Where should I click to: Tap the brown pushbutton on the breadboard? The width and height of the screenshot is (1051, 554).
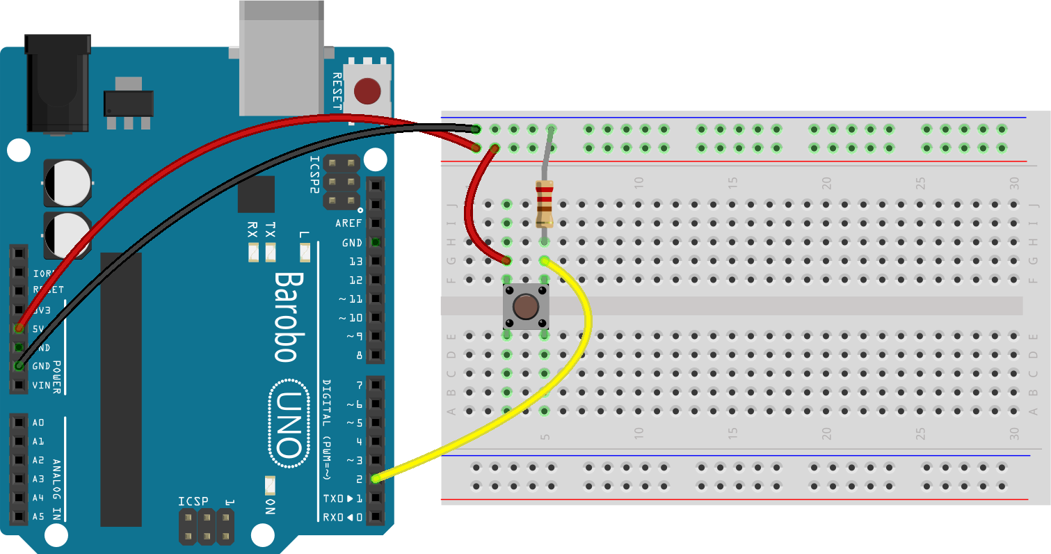pyautogui.click(x=526, y=307)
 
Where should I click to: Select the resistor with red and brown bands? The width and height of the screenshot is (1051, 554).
pyautogui.click(x=544, y=203)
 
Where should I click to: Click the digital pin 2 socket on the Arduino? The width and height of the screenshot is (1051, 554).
pyautogui.click(x=376, y=479)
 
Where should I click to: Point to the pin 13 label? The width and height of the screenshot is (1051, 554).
pyautogui.click(x=355, y=262)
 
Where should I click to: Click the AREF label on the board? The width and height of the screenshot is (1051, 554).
pyautogui.click(x=348, y=224)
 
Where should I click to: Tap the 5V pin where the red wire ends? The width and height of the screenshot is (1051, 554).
pyautogui.click(x=19, y=328)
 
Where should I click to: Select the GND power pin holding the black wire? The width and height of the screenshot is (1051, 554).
pyautogui.click(x=19, y=366)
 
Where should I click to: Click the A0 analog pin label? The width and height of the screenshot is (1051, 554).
pyautogui.click(x=38, y=422)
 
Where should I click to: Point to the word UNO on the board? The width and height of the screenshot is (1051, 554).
pyautogui.click(x=287, y=423)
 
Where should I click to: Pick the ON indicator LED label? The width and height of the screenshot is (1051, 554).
pyautogui.click(x=270, y=507)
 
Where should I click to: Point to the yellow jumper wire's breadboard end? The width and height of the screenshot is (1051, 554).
pyautogui.click(x=544, y=261)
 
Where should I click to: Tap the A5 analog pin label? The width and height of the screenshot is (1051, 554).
pyautogui.click(x=38, y=516)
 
